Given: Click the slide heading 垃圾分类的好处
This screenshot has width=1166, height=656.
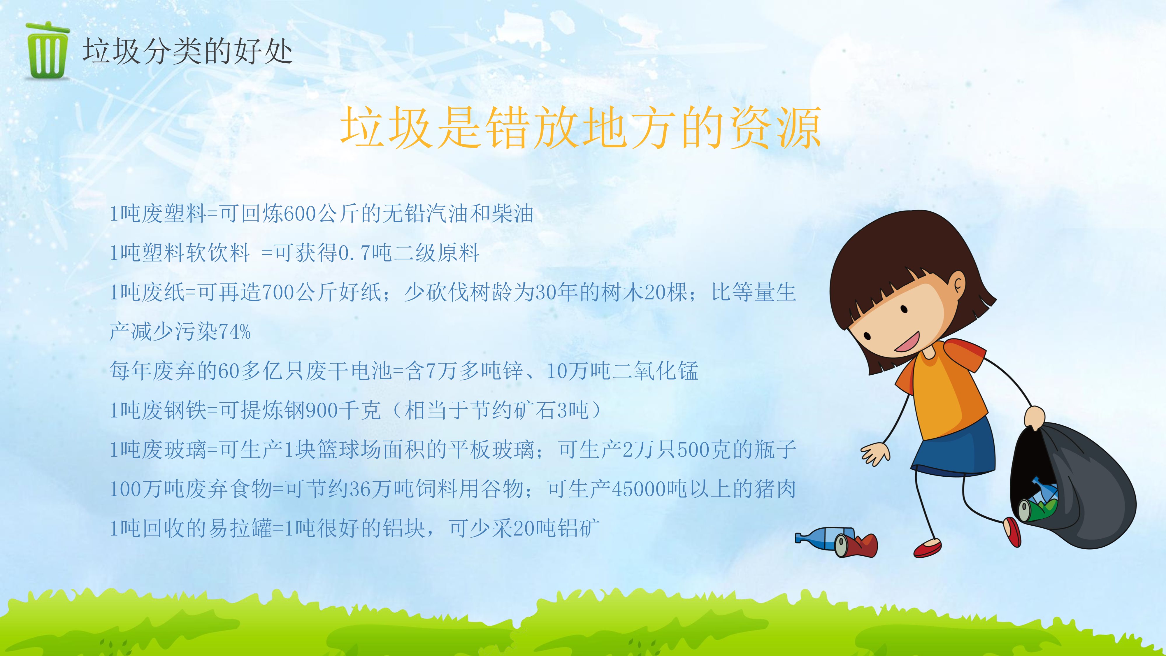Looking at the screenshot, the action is (x=187, y=51).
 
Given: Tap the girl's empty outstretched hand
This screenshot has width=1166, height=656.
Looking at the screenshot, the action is (x=874, y=453).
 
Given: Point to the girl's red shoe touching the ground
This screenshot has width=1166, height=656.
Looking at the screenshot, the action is (x=927, y=548).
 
